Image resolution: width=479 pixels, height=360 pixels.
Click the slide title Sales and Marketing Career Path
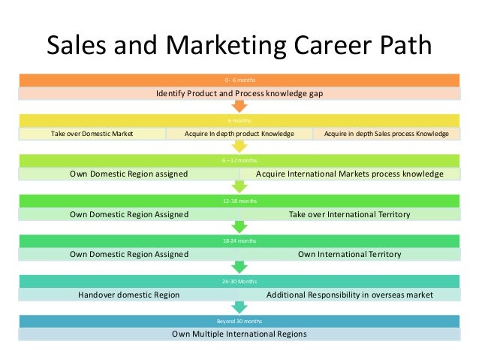click(239, 47)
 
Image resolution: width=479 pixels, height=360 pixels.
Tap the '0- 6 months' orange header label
click(239, 80)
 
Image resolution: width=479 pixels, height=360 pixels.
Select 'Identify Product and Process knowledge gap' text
click(239, 94)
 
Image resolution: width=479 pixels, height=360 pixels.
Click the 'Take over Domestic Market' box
click(92, 134)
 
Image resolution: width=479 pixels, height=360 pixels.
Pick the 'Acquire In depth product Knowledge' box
click(239, 134)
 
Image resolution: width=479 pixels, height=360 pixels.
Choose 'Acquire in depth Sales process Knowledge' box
click(386, 134)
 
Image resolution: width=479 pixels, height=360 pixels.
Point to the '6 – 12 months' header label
click(239, 160)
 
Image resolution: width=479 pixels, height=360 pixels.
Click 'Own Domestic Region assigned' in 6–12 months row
click(128, 174)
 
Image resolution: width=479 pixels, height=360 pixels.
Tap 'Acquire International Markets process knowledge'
click(349, 174)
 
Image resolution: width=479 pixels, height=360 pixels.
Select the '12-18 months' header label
click(239, 201)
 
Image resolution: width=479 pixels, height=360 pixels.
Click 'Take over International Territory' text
click(349, 214)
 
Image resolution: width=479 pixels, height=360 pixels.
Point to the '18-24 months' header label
click(239, 241)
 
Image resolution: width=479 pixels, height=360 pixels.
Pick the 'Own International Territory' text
click(349, 255)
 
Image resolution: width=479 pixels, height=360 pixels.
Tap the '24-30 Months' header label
click(239, 281)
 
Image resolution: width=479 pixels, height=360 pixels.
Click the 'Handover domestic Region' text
click(128, 295)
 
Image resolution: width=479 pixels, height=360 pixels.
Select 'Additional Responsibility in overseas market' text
click(349, 295)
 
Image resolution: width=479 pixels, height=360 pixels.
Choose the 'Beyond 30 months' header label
click(239, 321)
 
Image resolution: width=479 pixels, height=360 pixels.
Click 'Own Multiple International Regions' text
click(239, 334)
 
